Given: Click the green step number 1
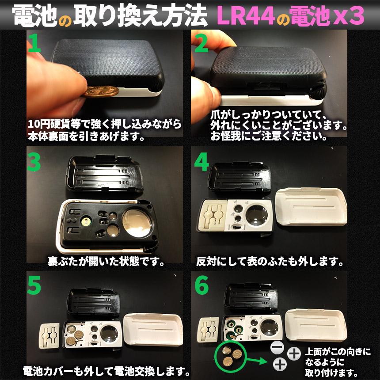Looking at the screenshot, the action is pos(34,43).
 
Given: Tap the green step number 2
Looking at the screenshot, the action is pos(201,43).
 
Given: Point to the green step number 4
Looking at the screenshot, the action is pos(201,162).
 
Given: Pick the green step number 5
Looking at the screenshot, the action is pos(34,285).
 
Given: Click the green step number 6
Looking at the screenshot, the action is pos(201,285).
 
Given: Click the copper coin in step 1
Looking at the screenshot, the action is pos(101,91).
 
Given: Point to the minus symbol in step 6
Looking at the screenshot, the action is pos(277,348).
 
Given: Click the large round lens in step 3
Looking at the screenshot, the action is pos(137,223).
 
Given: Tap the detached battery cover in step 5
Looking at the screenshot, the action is pos(49,336).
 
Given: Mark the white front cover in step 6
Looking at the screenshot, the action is pos(316,325).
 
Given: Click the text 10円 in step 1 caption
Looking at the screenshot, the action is pos(38,124).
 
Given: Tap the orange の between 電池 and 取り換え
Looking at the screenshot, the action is pos(65,21).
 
